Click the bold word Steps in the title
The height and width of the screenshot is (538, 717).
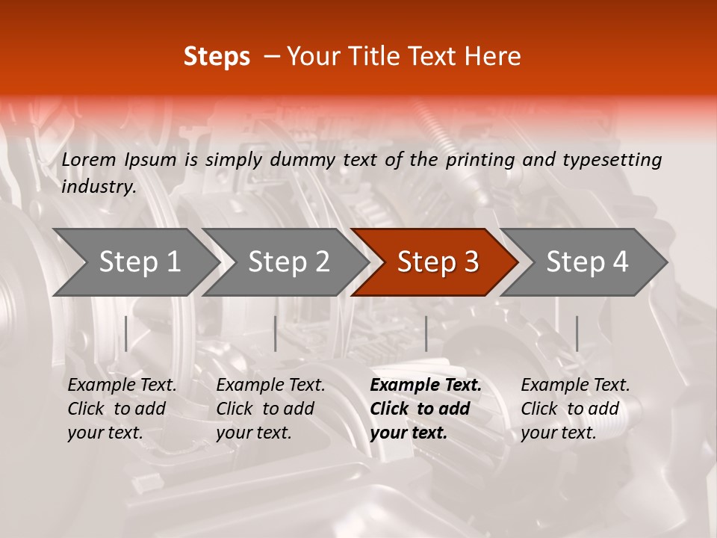(217, 57)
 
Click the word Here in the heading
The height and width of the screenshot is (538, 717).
(494, 57)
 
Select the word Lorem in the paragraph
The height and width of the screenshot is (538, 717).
(89, 159)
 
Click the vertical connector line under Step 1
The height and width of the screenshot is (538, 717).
(126, 333)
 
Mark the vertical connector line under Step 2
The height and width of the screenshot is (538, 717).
(276, 333)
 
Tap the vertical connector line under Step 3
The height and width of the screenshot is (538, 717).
(426, 333)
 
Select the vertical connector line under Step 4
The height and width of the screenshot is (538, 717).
(577, 333)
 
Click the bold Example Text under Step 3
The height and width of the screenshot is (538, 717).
(426, 386)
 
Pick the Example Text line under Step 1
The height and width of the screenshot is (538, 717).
(122, 386)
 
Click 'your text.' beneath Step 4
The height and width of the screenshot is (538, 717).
(558, 433)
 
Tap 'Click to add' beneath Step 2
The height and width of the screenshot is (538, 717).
(265, 409)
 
